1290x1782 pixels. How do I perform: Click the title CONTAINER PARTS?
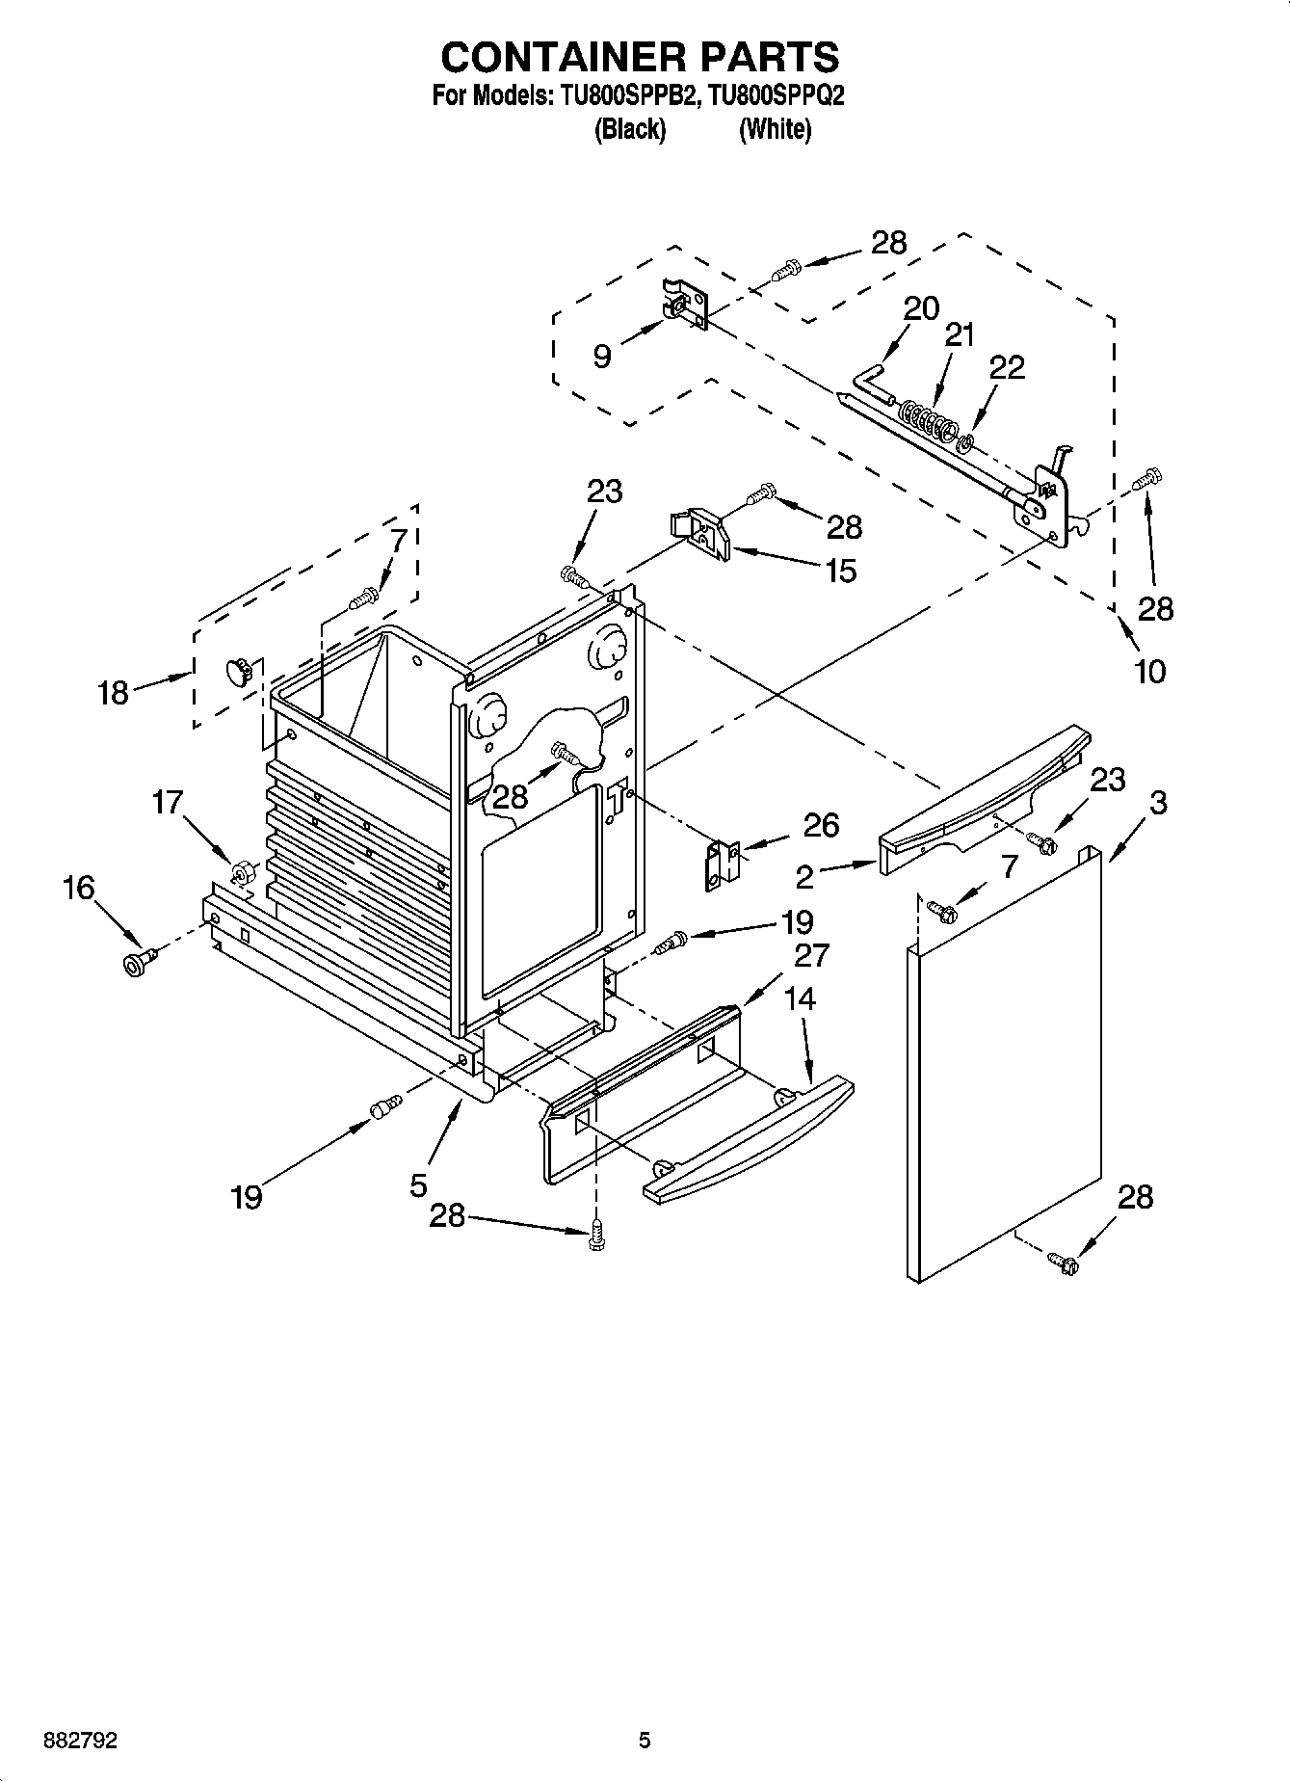click(640, 57)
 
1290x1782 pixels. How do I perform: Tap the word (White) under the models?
click(775, 129)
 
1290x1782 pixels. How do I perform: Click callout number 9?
click(601, 357)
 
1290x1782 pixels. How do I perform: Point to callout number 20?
click(921, 308)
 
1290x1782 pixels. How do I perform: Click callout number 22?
click(1007, 367)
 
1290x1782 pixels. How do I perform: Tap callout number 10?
click(1150, 671)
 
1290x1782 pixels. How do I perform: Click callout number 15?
click(840, 571)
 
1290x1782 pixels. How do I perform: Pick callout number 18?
click(113, 692)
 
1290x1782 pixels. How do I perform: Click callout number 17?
click(168, 801)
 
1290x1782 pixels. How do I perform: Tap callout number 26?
click(821, 825)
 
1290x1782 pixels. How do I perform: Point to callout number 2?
click(804, 876)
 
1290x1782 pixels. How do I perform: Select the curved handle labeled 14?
click(747, 1137)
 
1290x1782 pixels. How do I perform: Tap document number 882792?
click(81, 1741)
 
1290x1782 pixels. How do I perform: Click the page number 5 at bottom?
click(645, 1741)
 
